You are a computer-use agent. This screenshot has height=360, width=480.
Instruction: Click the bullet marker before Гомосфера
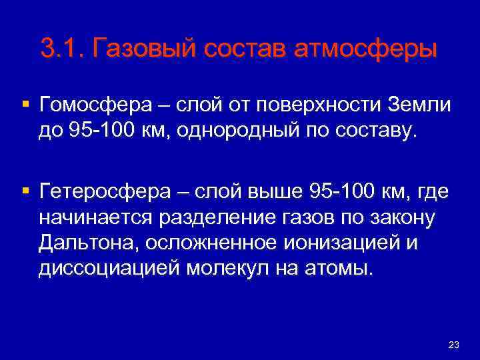point(25,105)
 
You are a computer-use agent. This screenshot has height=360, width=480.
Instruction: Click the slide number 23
point(455,344)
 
